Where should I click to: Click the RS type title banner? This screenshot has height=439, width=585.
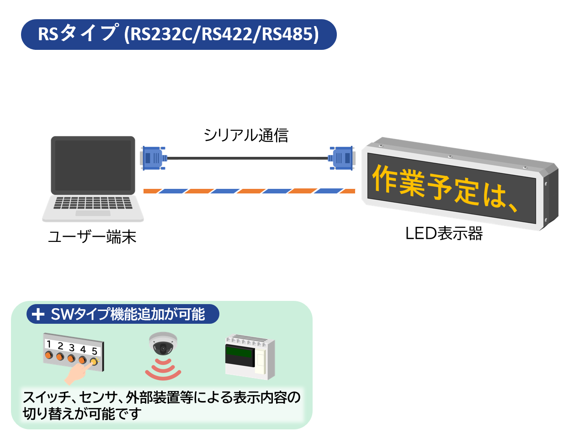point(179,34)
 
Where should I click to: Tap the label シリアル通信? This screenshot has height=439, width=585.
point(246,135)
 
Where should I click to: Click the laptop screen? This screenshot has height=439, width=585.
point(93,165)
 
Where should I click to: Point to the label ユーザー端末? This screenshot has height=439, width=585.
point(92,237)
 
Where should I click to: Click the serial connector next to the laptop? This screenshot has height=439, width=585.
point(153,158)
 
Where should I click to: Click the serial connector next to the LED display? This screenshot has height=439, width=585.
point(342,158)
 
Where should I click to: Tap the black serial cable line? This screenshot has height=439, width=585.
point(247,158)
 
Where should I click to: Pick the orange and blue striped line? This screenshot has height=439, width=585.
point(249,191)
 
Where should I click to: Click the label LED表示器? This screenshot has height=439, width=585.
point(444,234)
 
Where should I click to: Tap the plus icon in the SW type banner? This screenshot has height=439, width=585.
point(38,314)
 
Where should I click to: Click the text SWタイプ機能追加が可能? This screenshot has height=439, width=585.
point(128,314)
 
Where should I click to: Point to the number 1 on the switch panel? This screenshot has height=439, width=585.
point(49,344)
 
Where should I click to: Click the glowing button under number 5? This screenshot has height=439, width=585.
point(94,362)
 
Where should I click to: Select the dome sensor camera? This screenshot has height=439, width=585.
point(163,344)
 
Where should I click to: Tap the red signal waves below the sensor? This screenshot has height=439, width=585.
point(163,369)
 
